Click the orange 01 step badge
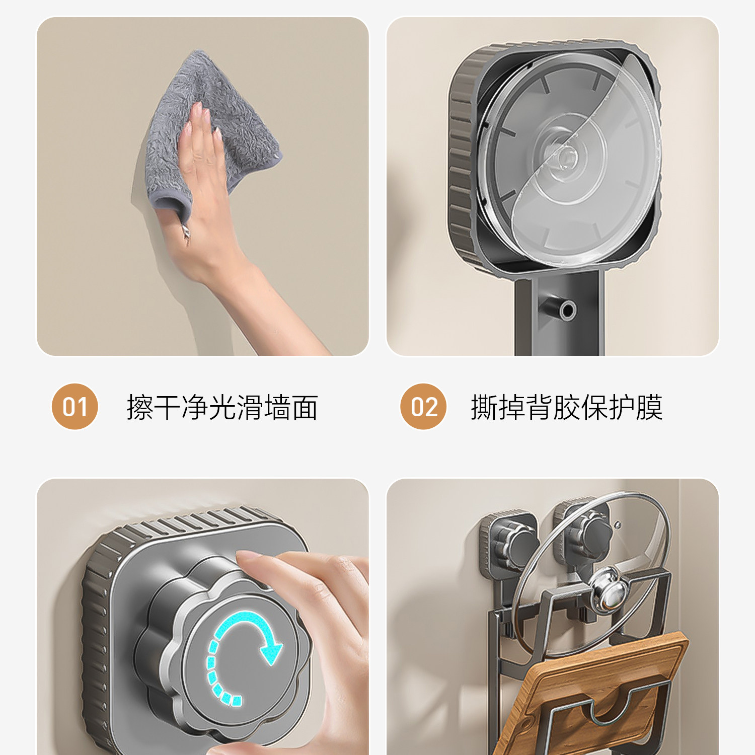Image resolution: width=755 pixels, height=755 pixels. pyautogui.click(x=74, y=407)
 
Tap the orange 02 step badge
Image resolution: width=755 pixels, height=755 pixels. pyautogui.click(x=423, y=407)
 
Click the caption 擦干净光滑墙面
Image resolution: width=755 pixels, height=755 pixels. pyautogui.click(x=222, y=407)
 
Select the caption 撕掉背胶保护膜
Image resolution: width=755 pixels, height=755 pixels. pyautogui.click(x=567, y=407)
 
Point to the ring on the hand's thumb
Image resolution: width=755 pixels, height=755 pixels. pyautogui.click(x=186, y=232)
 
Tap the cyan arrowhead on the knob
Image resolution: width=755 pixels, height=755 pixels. pyautogui.click(x=272, y=649)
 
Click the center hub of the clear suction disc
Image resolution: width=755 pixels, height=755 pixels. pyautogui.click(x=565, y=157)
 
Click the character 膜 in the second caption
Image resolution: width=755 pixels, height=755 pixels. pyautogui.click(x=649, y=407)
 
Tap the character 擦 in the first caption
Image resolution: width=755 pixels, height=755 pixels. pyautogui.click(x=140, y=407)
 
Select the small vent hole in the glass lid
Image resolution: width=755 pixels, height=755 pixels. pyautogui.click(x=618, y=525)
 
